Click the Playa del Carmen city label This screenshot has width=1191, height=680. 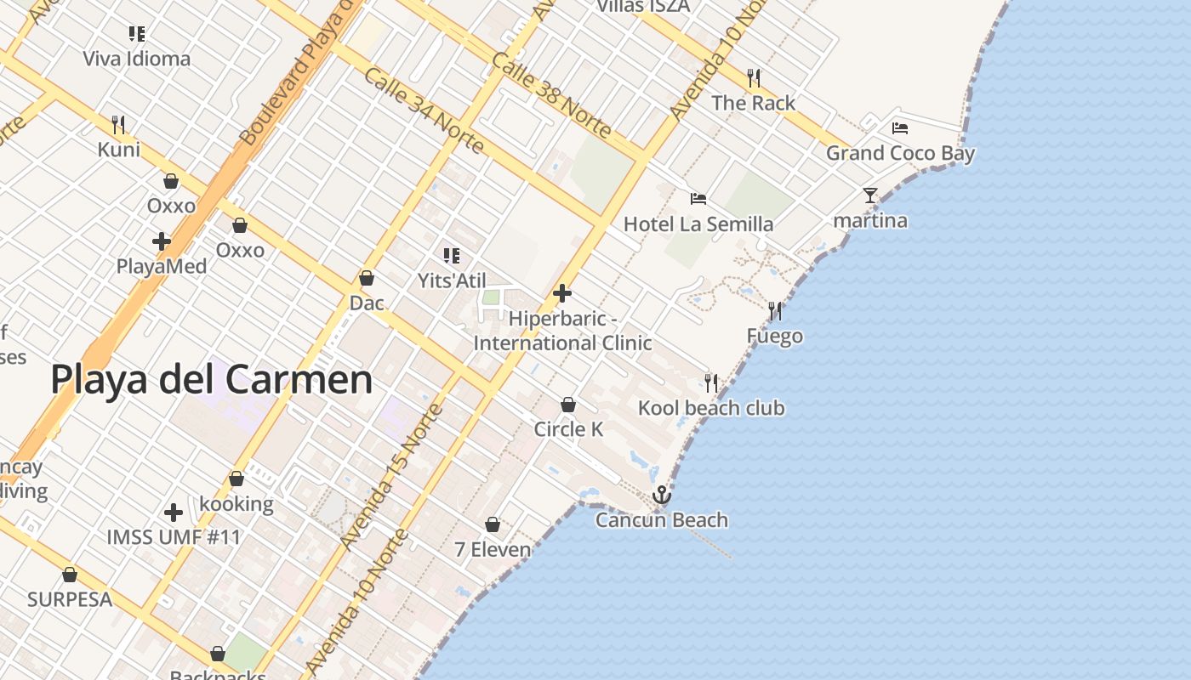[212, 379]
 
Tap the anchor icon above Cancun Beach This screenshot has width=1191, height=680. [661, 495]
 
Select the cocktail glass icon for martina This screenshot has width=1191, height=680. [869, 195]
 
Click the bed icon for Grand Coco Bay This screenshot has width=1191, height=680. [900, 128]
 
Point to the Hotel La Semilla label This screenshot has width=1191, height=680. [698, 224]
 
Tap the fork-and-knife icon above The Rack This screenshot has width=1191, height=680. [753, 78]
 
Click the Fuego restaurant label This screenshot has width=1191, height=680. [774, 337]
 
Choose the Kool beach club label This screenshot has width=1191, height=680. [711, 408]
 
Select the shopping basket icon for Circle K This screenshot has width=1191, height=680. [568, 405]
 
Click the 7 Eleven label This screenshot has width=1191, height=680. [493, 550]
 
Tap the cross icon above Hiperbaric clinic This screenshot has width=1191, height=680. [562, 293]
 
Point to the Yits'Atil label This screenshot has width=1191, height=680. [452, 280]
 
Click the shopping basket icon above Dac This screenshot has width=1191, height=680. [367, 278]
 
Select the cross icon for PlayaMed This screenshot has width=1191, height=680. [162, 241]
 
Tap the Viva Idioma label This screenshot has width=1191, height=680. [136, 59]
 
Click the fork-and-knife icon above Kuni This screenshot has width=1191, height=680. [118, 125]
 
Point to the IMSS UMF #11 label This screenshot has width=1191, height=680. [174, 537]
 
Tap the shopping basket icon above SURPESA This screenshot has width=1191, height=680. [70, 575]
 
